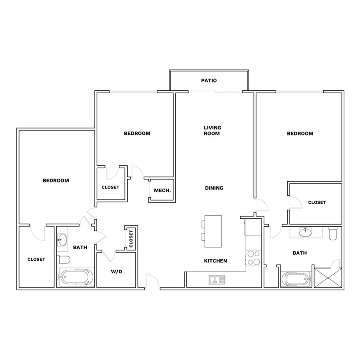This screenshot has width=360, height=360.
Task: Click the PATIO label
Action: (209, 80)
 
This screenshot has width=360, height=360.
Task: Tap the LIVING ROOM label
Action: (212, 130)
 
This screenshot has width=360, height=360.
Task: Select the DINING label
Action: (214, 188)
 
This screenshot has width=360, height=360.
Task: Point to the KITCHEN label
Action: (215, 261)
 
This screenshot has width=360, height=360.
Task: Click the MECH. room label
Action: (162, 190)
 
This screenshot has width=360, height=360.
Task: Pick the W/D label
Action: (116, 272)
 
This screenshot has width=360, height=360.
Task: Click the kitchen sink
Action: (217, 280)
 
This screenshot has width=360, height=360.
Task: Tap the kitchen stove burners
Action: (254, 258)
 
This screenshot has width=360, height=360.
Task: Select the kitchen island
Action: (213, 231)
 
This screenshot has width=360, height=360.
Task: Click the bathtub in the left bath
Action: (75, 277)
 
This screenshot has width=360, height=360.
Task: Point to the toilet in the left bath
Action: (63, 260)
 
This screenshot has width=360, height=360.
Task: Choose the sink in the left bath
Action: (62, 240)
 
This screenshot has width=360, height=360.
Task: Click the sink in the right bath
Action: (305, 232)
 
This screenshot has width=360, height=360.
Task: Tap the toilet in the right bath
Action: (333, 234)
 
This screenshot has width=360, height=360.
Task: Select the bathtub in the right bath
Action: (296, 279)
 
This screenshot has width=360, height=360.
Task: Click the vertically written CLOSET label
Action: (131, 239)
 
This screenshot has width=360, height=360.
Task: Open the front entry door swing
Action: (152, 280)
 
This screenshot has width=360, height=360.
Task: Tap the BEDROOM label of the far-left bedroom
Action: (56, 180)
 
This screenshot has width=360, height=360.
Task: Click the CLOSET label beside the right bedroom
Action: (317, 202)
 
